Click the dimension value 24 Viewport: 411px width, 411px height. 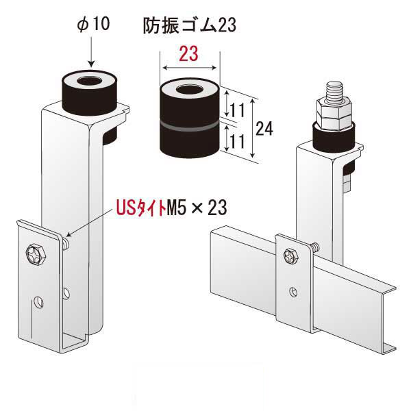pyautogui.click(x=264, y=127)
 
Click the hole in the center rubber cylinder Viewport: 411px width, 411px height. pyautogui.click(x=188, y=90)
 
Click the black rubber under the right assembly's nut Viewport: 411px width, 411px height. pyautogui.click(x=334, y=138)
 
